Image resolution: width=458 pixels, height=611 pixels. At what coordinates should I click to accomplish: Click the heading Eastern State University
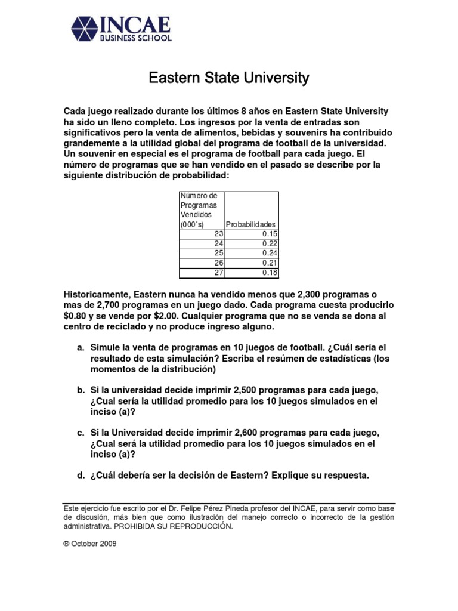point(228,78)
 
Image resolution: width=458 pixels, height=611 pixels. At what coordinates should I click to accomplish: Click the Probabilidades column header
point(250,224)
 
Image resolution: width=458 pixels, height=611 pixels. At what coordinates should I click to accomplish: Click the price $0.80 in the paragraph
point(78,317)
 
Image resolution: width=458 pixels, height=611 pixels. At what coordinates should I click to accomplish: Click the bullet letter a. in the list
point(80,347)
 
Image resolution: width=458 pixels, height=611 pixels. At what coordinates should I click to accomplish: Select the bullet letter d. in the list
point(80,476)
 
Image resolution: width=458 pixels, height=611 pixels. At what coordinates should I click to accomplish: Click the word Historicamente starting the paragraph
point(96,295)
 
